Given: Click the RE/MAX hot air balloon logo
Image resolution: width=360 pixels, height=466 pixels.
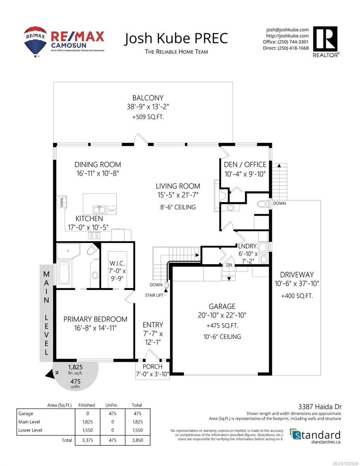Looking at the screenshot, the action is tap(35, 42).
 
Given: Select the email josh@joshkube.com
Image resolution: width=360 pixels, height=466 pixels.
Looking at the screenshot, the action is tap(287, 30).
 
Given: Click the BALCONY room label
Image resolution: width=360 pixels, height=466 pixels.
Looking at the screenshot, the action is tap(148, 98).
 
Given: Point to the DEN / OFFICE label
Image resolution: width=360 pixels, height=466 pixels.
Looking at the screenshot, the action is tap(245, 165).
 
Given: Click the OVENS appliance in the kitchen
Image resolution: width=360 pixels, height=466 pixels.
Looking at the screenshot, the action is tap(62, 202).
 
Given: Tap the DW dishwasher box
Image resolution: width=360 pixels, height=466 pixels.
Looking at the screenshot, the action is tap(111, 210).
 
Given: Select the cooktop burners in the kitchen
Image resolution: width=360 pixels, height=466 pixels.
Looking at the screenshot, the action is tap(94, 236).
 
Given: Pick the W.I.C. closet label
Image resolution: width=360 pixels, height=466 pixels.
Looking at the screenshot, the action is tap(117, 263).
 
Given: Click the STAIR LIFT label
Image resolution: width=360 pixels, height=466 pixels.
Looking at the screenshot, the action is tap(154, 295).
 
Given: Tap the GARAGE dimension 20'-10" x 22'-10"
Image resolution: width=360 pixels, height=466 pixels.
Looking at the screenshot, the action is tap(222, 315).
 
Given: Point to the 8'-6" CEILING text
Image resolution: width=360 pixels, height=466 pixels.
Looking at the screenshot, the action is tap(178, 207).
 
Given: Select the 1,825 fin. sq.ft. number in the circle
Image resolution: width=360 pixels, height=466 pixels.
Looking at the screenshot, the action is tap(75, 367).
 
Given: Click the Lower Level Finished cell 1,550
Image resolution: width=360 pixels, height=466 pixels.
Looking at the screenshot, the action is tap(87, 430).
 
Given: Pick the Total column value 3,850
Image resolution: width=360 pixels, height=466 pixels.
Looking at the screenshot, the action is tap(137, 440).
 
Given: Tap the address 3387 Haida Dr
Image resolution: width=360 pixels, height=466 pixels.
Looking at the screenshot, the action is tap(320, 407).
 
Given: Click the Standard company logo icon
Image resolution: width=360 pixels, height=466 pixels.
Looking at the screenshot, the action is tap(295, 434).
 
